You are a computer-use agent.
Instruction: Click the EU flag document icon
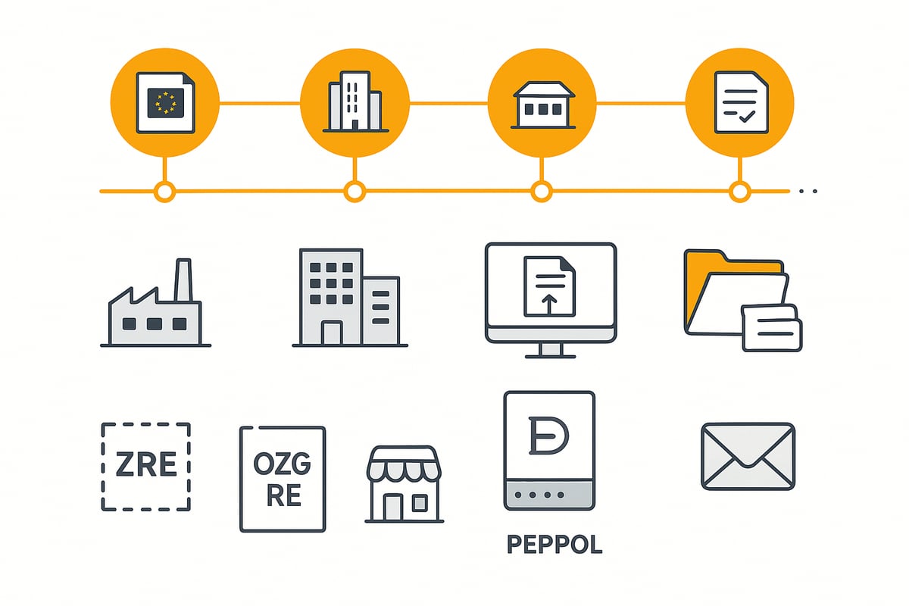point(166,103)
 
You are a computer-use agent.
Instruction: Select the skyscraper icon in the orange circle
point(355,102)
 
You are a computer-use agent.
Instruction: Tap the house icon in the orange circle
point(543,105)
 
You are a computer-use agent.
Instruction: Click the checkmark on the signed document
point(747,117)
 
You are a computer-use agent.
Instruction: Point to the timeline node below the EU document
point(165,191)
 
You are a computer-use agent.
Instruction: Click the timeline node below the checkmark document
point(740,191)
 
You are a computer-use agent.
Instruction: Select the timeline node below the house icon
point(542,191)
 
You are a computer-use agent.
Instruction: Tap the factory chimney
point(183,280)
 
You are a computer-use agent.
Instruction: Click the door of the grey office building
point(332,333)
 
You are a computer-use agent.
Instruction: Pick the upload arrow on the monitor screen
point(549,305)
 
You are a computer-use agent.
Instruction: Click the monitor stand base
point(550,357)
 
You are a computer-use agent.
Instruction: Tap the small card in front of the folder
point(772,328)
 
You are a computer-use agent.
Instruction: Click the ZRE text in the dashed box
point(146,464)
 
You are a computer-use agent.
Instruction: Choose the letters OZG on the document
point(283,463)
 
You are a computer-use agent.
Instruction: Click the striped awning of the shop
point(404,464)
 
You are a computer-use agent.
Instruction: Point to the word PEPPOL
point(554,545)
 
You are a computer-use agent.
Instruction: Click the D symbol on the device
point(548,435)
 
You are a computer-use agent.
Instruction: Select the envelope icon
point(748,457)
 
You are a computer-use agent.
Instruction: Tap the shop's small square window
point(420,503)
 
